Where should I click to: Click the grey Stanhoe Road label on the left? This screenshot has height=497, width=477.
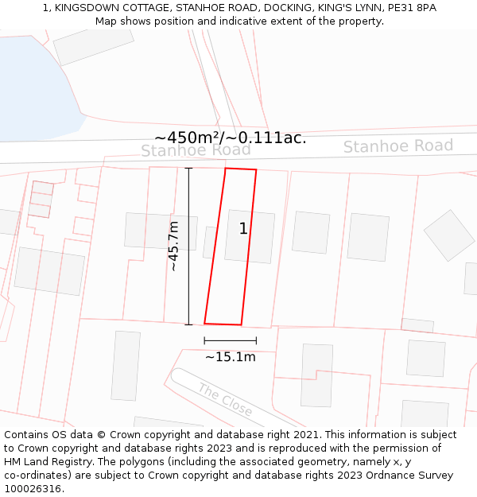pos(196,150)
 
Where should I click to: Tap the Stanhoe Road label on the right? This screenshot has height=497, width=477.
pos(397,146)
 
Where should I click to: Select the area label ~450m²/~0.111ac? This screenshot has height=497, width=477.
pos(231,138)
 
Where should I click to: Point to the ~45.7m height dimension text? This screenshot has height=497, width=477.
pos(173,247)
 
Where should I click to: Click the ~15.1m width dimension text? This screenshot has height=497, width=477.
pos(231,357)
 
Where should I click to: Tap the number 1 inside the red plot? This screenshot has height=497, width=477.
pos(243,229)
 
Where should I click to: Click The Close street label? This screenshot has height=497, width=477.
pos(225,400)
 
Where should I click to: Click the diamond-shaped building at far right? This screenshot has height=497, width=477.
pos(449,235)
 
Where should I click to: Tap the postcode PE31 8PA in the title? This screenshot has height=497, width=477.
pos(409,7)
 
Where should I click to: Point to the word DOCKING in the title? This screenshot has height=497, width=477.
pos(287,7)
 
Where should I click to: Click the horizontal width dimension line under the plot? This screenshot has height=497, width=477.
pos(230,340)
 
